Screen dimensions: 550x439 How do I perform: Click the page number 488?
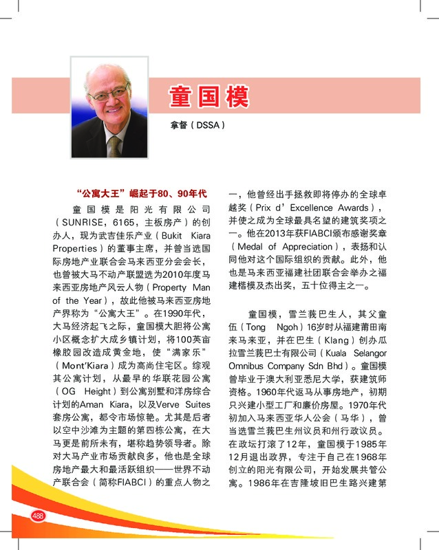click(38, 516)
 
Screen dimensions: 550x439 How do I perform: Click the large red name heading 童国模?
click(208, 97)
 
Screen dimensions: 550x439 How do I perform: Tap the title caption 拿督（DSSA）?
click(197, 126)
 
